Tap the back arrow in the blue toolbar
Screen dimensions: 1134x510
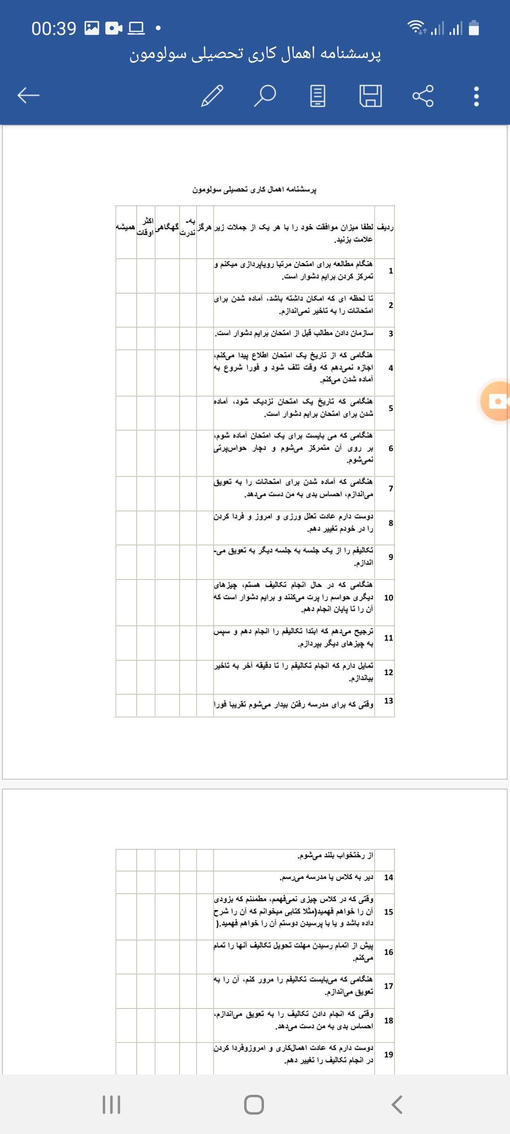pos(28,95)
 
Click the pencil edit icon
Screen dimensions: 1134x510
pos(212,96)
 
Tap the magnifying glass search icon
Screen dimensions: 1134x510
pos(265,96)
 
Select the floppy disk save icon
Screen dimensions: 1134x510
pos(371,96)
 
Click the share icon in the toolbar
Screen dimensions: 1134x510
pos(423,96)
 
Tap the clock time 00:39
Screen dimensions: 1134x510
pos(54,29)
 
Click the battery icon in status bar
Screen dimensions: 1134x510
pos(474,28)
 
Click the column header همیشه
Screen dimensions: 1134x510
pos(126,227)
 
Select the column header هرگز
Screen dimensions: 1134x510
pos(205,227)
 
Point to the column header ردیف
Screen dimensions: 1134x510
pos(385,227)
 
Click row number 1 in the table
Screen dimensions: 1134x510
pos(391,271)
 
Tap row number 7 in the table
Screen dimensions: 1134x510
pos(391,488)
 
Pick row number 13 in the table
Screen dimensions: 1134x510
pos(388,701)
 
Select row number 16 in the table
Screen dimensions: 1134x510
pos(388,952)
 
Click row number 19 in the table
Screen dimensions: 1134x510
pos(388,1054)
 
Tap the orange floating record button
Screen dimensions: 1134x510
pos(496,401)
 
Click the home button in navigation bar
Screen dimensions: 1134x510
pos(254,1105)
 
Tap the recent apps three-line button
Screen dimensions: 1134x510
pos(111,1105)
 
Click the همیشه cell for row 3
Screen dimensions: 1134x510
pos(126,334)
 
